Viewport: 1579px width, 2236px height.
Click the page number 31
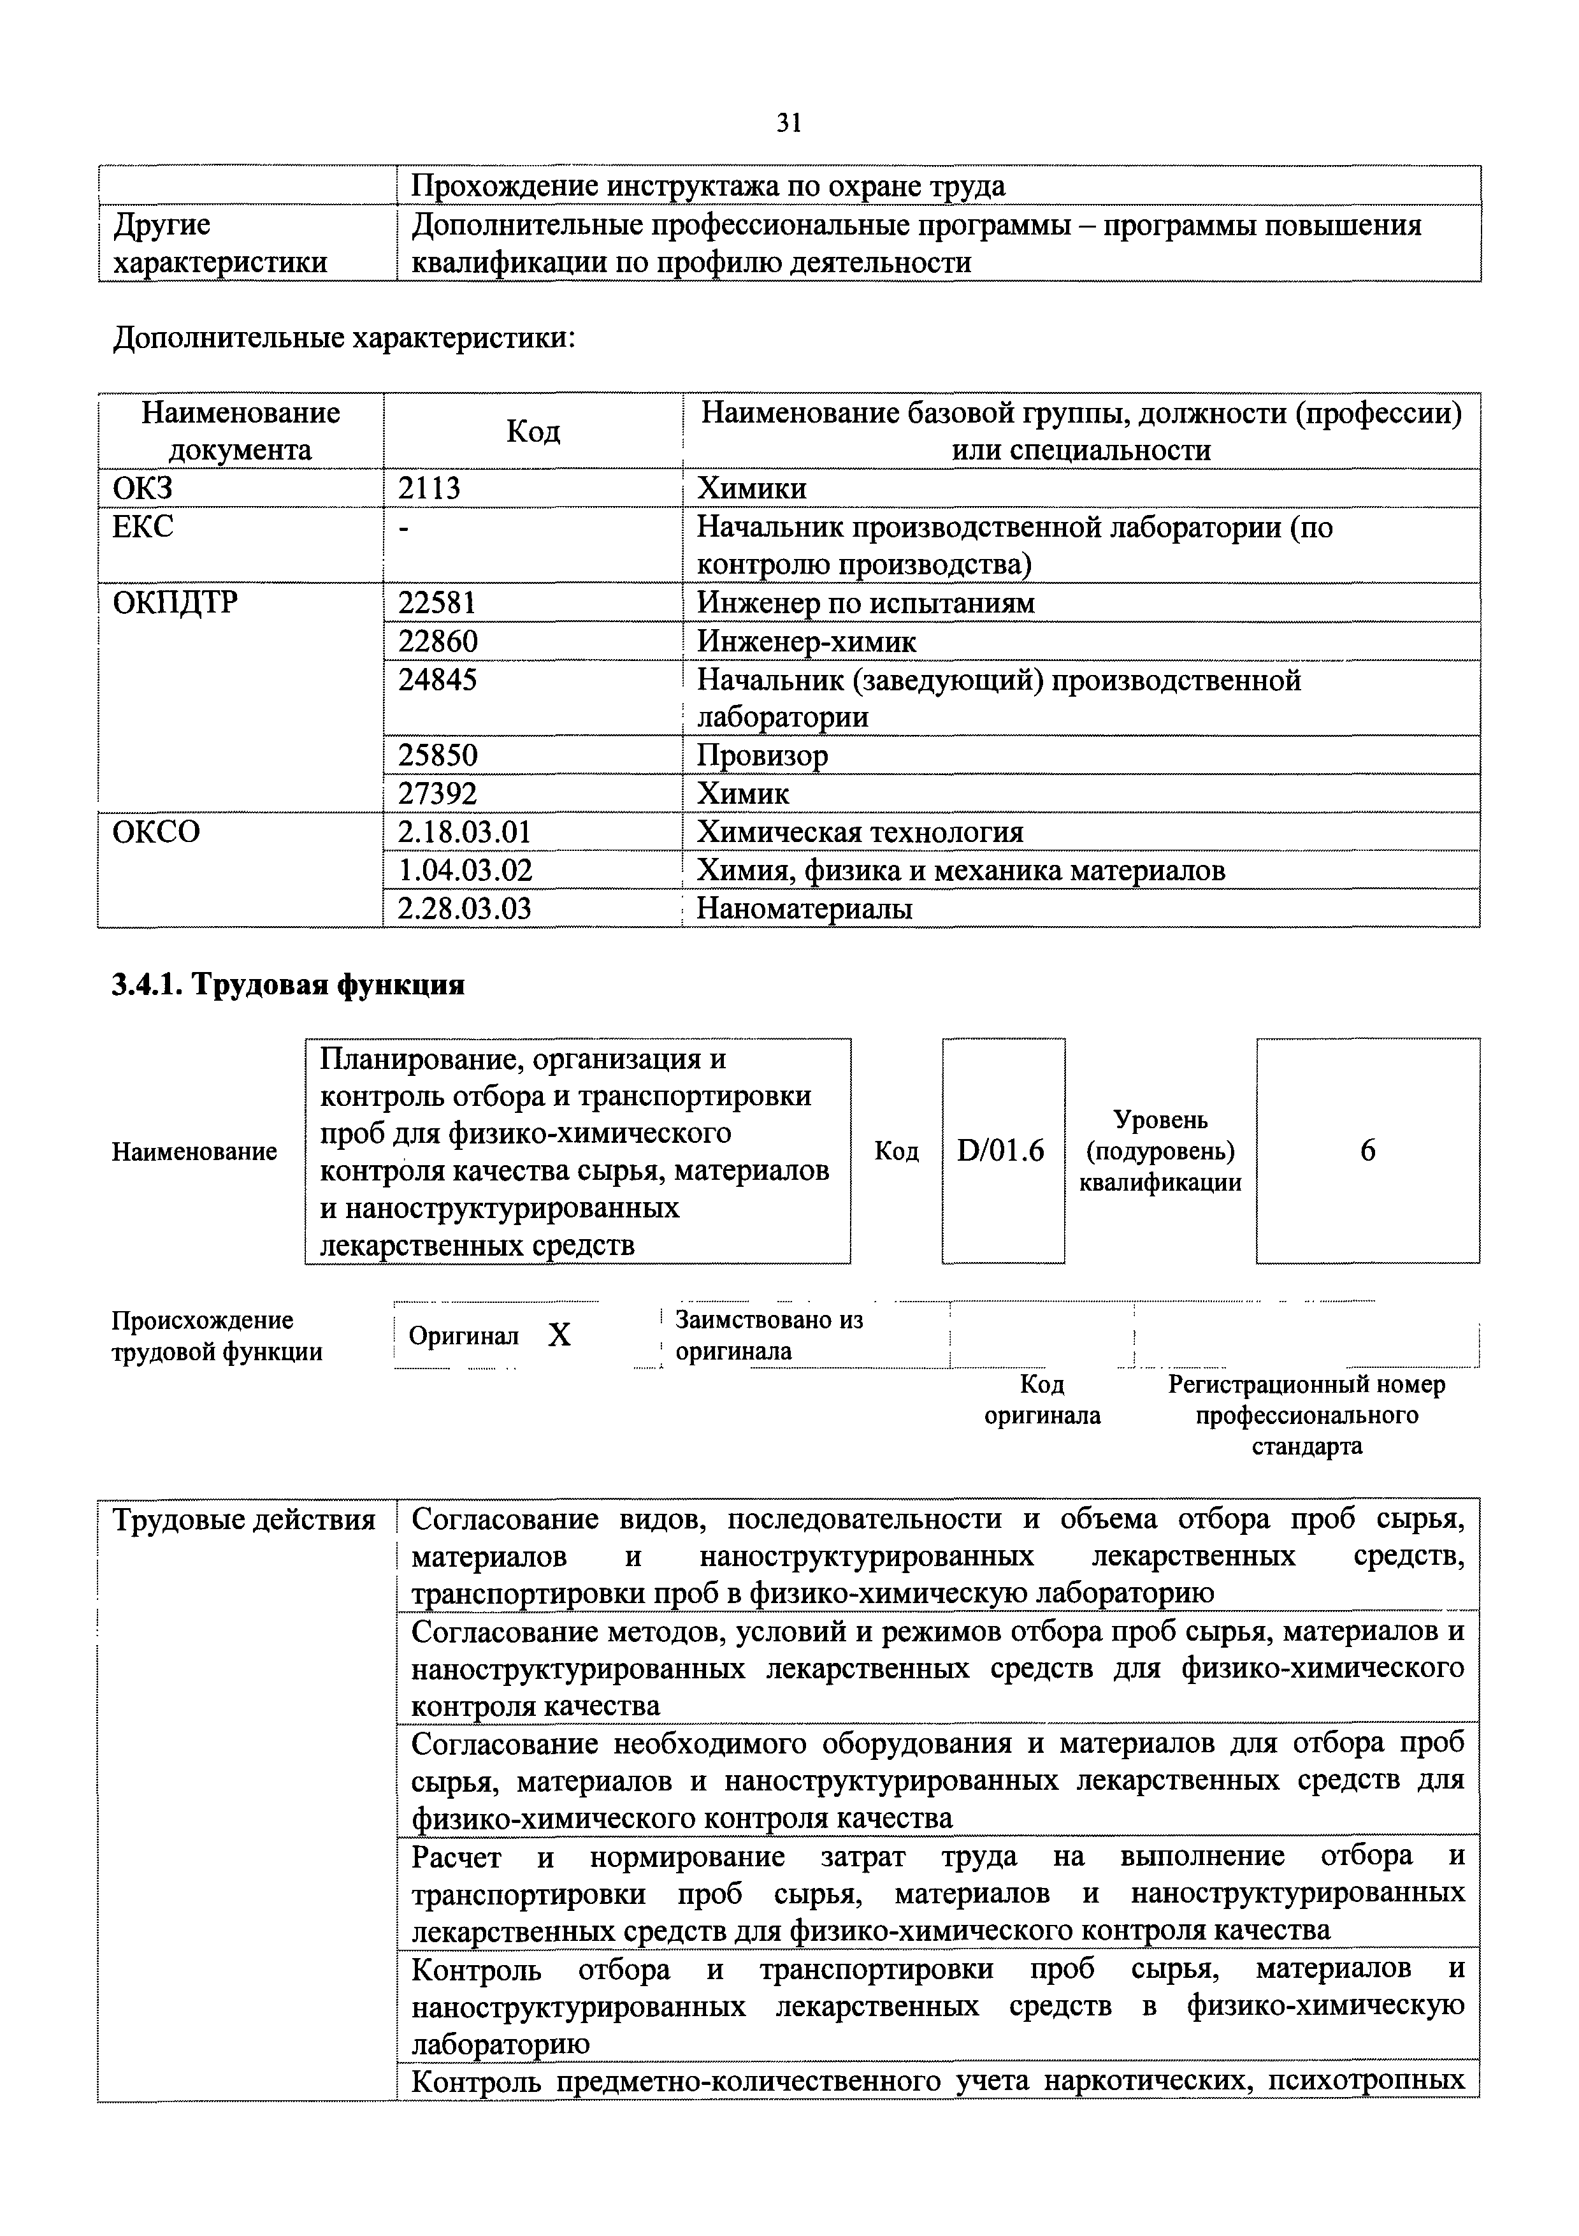[788, 123]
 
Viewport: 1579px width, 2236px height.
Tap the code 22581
[437, 603]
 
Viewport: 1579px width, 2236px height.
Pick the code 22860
[437, 642]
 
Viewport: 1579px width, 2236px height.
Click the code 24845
[437, 679]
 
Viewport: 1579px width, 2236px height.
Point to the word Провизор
[762, 756]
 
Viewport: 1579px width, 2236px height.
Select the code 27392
[437, 794]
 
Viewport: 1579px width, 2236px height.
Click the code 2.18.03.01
[465, 832]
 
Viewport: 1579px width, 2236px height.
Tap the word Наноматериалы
[804, 909]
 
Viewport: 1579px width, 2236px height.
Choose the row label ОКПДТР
[175, 603]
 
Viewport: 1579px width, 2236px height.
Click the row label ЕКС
[143, 527]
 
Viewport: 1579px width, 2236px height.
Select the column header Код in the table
[533, 432]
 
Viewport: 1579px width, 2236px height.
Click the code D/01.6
[1001, 1151]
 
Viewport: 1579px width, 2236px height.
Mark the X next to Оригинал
[559, 1335]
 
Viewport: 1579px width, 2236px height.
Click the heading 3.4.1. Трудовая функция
[288, 985]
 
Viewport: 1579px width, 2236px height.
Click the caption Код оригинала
[1042, 1400]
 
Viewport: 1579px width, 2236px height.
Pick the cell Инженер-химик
[806, 642]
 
